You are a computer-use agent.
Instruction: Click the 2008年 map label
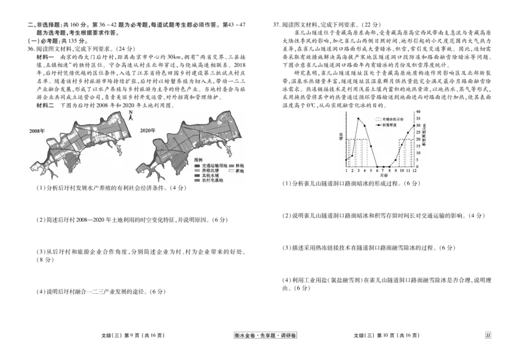click(36, 132)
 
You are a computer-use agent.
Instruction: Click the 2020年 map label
click(149, 132)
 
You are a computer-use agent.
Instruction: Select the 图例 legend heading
click(198, 159)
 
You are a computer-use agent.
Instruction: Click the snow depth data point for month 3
click(359, 119)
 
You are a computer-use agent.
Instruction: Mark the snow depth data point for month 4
click(365, 126)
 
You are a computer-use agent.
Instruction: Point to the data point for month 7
click(383, 167)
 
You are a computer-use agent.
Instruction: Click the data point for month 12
click(414, 125)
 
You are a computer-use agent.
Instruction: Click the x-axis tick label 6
click(377, 171)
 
